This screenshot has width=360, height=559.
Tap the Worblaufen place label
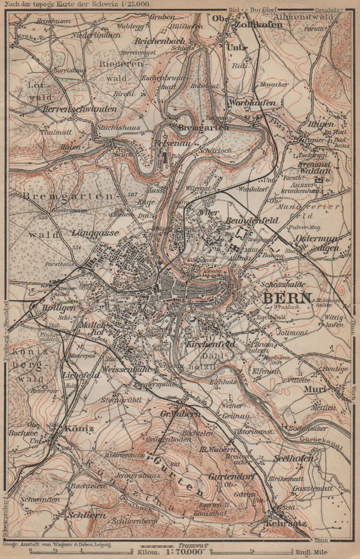pos(252,103)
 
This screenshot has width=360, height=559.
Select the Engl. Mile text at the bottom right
pos(311,552)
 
